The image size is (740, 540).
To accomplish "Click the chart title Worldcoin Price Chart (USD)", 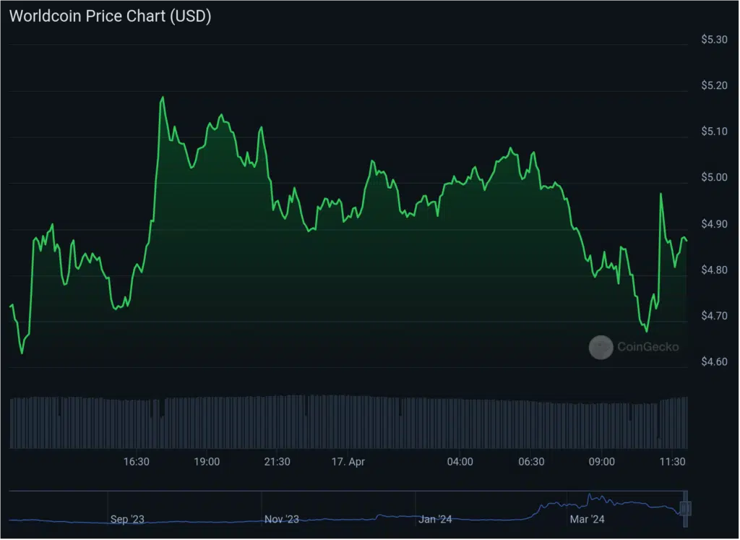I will point(110,17).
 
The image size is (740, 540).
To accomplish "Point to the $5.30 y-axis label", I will point(714,40).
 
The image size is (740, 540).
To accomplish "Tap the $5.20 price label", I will point(714,85).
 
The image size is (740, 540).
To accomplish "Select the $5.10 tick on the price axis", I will point(714,132).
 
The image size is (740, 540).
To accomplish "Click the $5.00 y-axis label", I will point(714,178).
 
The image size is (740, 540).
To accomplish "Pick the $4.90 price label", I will point(714,224).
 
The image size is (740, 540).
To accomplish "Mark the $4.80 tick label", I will point(714,270).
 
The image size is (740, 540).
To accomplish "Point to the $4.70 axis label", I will point(714,316).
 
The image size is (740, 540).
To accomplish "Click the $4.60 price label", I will point(714,361).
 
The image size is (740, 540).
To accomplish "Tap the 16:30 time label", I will point(137,461).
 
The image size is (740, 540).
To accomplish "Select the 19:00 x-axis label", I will point(207,461).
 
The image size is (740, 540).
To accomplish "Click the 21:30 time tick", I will point(277,461).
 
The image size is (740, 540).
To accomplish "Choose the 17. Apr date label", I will point(347,461).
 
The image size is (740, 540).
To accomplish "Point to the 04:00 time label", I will point(460,461).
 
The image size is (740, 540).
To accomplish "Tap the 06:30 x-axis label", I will point(531,461).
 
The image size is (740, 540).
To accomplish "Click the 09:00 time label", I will point(602,461).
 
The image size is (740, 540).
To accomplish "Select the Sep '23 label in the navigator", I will point(127,519).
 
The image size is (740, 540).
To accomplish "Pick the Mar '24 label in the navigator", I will point(587,519).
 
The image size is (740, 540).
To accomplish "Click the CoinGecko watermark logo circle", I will point(601,347).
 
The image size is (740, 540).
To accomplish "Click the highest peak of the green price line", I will point(163,97).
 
